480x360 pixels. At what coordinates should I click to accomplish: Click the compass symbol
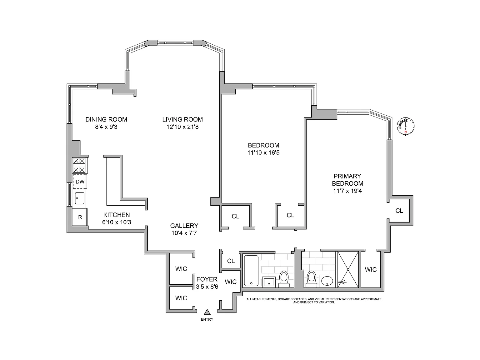(406, 126)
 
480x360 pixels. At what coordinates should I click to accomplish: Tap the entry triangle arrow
(207, 312)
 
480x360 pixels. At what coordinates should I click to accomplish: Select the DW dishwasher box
(80, 182)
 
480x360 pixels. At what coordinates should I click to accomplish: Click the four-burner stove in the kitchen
(79, 165)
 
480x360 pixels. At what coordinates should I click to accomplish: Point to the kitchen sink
(79, 198)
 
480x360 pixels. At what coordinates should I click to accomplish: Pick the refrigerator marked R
(80, 217)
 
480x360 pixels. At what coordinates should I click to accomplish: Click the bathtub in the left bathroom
(251, 271)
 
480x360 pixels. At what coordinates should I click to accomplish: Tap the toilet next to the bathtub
(284, 279)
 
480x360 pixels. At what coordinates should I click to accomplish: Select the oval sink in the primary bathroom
(327, 281)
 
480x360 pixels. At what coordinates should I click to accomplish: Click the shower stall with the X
(348, 269)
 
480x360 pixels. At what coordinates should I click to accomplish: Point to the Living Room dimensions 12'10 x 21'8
(182, 127)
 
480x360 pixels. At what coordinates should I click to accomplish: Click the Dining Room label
(106, 119)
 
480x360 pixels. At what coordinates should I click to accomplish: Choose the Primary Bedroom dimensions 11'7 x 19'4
(347, 191)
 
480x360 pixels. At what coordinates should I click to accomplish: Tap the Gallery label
(184, 226)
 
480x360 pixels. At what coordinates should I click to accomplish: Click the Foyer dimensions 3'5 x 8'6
(207, 287)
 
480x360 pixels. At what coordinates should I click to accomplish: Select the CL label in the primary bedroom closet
(399, 211)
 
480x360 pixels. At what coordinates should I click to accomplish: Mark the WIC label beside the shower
(371, 269)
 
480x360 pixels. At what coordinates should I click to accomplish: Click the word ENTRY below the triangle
(207, 320)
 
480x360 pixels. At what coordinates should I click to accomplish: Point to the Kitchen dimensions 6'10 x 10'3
(117, 222)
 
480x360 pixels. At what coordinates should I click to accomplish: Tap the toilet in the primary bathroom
(311, 279)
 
